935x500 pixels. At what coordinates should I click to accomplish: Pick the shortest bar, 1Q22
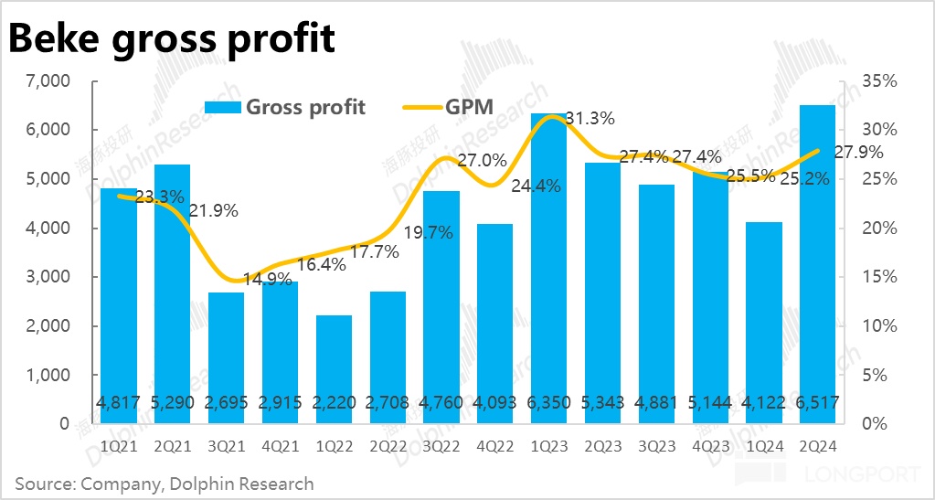[334, 366]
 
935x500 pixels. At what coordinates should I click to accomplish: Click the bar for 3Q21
[226, 356]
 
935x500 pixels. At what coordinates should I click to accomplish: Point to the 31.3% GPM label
[589, 118]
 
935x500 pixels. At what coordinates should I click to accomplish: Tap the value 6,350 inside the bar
[548, 403]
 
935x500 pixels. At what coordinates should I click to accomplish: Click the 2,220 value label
[334, 403]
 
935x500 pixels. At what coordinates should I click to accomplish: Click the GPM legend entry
[449, 107]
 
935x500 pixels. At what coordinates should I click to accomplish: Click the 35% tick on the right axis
[880, 81]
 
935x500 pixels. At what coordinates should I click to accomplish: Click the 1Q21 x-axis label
[118, 445]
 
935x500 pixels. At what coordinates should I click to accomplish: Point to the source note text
[165, 484]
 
